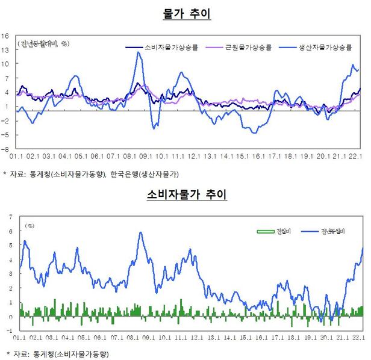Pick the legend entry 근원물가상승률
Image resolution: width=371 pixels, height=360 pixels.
pyautogui.click(x=248, y=46)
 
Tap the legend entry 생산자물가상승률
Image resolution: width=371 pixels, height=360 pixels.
pyautogui.click(x=325, y=46)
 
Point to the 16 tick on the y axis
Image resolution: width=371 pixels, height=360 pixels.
pyautogui.click(x=5, y=36)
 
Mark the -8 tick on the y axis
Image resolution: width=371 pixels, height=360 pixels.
pyautogui.click(x=5, y=149)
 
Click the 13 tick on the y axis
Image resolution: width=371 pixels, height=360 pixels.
pyautogui.click(x=5, y=49)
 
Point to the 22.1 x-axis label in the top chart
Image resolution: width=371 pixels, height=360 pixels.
pyautogui.click(x=355, y=157)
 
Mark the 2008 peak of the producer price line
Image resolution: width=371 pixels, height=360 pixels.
pyautogui.click(x=138, y=52)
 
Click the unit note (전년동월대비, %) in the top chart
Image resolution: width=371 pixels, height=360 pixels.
pyautogui.click(x=44, y=43)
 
